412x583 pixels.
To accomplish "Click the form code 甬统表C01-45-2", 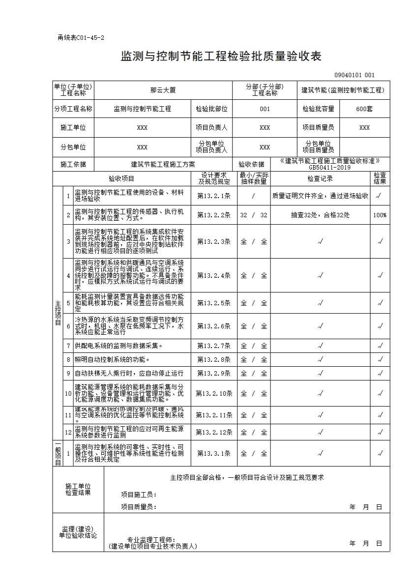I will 81,38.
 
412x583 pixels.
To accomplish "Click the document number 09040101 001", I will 354,75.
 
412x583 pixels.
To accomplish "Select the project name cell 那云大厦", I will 163,90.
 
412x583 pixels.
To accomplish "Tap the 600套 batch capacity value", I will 364,109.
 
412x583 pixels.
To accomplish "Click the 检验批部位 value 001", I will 265,109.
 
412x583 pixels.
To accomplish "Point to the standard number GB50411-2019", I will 330,167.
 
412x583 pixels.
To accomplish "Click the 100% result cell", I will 380,215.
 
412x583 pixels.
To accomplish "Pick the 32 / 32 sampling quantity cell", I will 254,215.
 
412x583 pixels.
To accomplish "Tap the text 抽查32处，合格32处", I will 320,215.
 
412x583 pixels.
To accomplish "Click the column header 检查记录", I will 320,178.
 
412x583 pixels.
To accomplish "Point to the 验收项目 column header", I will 121,178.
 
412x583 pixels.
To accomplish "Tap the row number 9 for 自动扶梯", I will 69,373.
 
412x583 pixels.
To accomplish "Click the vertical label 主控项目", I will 58,313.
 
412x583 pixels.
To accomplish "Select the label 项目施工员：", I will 139,495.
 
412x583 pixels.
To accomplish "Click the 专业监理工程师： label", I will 151,540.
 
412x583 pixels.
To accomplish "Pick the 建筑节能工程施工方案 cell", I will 163,165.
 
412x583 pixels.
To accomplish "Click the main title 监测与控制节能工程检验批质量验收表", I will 221,57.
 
